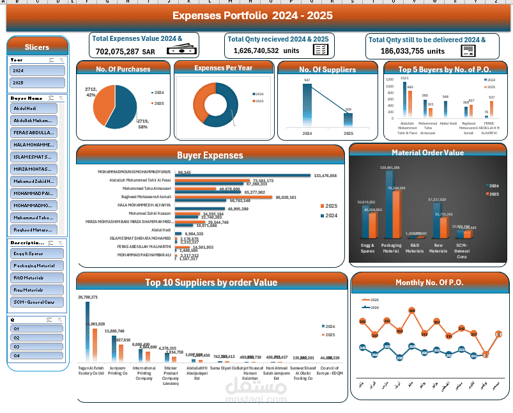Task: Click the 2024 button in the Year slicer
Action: coord(37,71)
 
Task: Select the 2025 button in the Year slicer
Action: coord(37,83)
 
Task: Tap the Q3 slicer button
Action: coord(37,346)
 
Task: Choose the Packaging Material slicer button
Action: coord(37,265)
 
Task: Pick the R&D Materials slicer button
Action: coord(37,278)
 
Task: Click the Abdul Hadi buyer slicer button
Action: coord(34,109)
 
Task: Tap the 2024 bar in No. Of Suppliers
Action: coord(307,105)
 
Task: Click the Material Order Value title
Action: coord(427,153)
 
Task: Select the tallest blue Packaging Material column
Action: coord(390,205)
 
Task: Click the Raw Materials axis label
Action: coord(437,248)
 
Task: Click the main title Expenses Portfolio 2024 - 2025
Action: coord(252,15)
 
